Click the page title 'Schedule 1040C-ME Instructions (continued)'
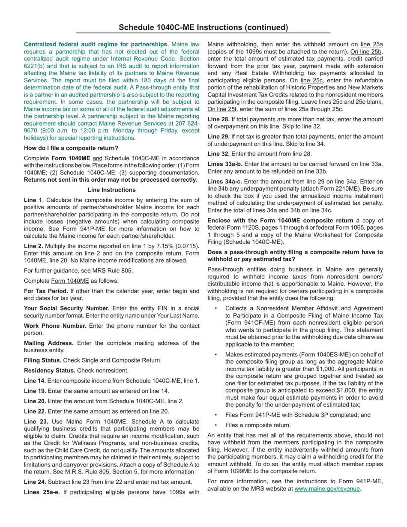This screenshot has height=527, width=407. pyautogui.click(x=203, y=27)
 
